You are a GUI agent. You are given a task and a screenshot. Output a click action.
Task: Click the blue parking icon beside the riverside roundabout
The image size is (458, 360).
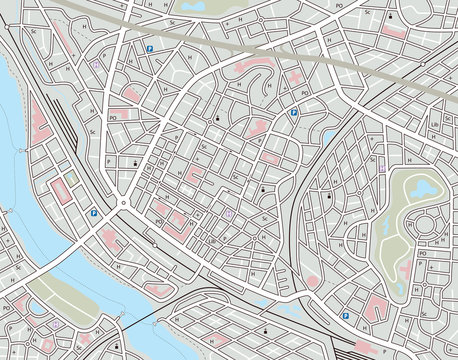click(94, 212)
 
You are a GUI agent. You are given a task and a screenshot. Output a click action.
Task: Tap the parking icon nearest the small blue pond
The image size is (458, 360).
click(294, 114)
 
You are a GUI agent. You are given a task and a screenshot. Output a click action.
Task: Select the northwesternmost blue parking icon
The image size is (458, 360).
click(150, 48)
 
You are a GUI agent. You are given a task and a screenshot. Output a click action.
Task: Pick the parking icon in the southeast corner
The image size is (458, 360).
click(345, 316)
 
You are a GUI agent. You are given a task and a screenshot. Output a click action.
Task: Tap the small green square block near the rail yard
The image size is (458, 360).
click(70, 181)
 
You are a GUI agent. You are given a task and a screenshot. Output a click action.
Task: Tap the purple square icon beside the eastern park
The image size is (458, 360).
click(381, 165)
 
